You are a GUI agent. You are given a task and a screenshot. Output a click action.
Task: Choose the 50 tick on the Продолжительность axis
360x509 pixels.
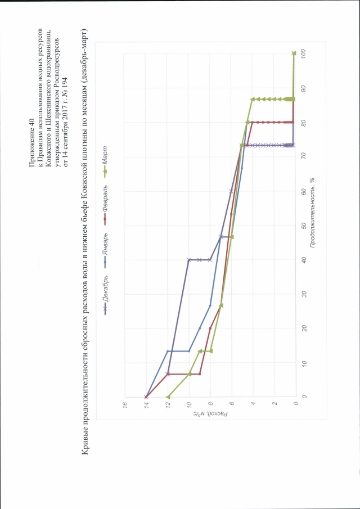coord(304,225)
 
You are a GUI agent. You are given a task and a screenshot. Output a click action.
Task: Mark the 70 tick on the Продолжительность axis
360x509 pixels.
coord(304,156)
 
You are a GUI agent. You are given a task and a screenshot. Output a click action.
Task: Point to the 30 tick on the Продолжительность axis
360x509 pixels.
coord(304,294)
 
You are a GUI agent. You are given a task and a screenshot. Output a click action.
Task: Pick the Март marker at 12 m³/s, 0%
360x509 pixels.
coord(168,397)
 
